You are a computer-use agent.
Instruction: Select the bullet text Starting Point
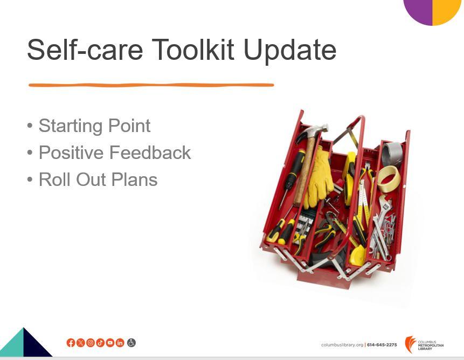click(x=95, y=126)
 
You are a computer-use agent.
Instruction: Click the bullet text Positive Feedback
click(x=115, y=153)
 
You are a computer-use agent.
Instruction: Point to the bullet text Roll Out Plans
click(x=98, y=179)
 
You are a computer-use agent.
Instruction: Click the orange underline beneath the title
click(x=151, y=85)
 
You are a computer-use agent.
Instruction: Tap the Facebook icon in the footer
click(x=71, y=343)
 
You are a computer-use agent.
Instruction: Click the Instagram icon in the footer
click(x=90, y=343)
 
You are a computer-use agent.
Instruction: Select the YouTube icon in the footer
click(x=110, y=343)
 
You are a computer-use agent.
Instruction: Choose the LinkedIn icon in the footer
click(x=120, y=343)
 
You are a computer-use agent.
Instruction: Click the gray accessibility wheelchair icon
click(x=131, y=343)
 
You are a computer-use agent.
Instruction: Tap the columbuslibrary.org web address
click(x=342, y=345)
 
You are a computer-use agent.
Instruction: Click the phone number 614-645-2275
click(x=382, y=344)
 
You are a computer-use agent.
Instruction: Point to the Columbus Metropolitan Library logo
click(x=424, y=344)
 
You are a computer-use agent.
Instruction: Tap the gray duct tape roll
click(x=392, y=154)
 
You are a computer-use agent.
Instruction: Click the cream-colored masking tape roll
click(x=389, y=179)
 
